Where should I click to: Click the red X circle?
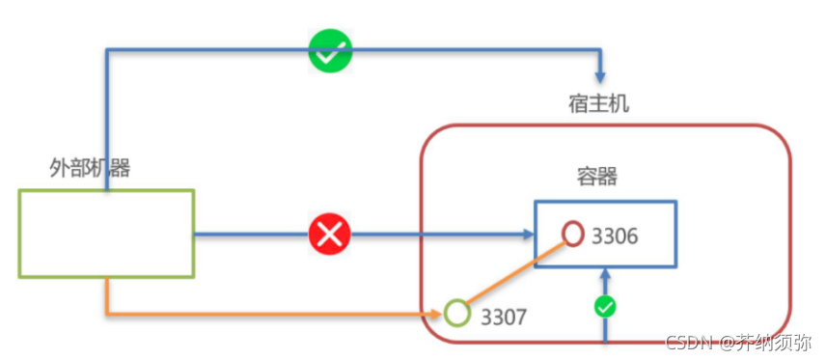coord(329,235)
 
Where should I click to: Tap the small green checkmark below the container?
coord(605,307)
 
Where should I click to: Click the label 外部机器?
coord(90,168)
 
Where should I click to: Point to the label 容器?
coord(596,177)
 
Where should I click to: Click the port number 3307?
coord(504,316)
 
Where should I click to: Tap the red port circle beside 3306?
coord(573,234)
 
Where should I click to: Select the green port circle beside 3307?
coord(456,314)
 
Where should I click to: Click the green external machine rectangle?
coord(106,234)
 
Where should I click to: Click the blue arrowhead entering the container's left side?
coord(527,235)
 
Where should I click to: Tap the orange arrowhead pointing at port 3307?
coord(437,314)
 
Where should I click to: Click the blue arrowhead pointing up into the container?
coord(605,275)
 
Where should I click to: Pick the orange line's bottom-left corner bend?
coord(107,314)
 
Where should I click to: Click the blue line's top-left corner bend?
coord(107,48)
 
